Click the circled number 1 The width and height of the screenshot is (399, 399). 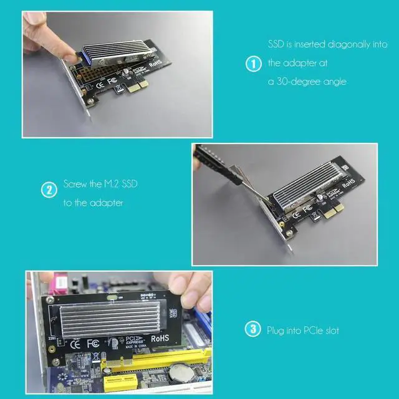252,64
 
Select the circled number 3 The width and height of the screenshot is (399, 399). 252,329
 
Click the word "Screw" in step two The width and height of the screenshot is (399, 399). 76,185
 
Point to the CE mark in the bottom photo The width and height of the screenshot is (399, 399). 74,342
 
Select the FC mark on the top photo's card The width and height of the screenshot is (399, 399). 113,80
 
